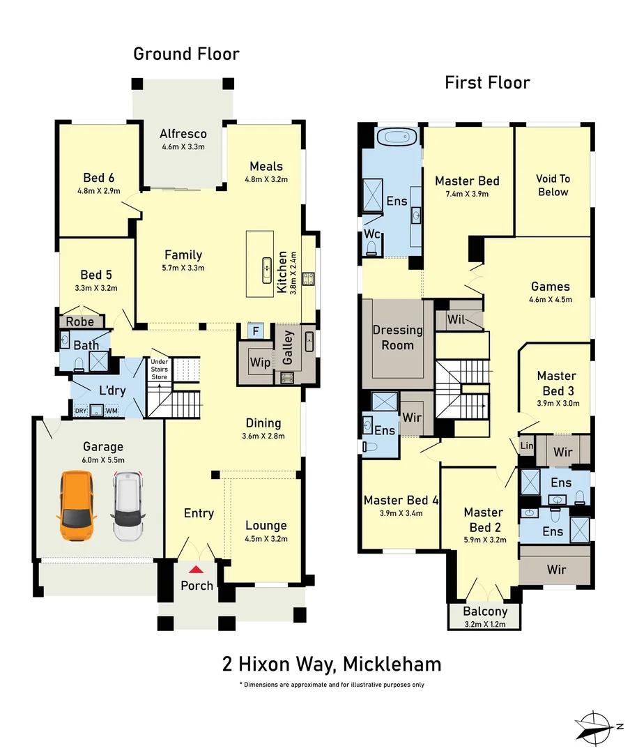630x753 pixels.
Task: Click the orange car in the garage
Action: [x=77, y=506]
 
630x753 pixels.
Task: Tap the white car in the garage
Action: [x=128, y=506]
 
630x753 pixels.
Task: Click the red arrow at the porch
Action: [x=195, y=570]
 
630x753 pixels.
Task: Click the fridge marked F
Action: [x=256, y=330]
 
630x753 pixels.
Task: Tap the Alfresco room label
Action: [x=183, y=133]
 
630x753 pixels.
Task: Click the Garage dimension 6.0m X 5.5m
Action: [x=102, y=459]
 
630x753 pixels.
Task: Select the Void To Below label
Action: [x=553, y=185]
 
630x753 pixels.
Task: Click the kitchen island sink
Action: [x=266, y=270]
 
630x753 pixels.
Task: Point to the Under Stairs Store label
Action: [x=160, y=370]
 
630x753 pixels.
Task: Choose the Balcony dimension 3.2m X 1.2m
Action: [x=485, y=624]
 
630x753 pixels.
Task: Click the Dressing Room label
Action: [x=397, y=337]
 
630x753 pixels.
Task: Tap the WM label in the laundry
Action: [x=112, y=411]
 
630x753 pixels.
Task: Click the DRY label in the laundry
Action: [x=81, y=411]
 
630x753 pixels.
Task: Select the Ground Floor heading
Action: [x=186, y=54]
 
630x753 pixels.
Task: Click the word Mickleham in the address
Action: [x=392, y=664]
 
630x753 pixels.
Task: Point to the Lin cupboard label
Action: [x=527, y=445]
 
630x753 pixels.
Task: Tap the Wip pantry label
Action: [x=260, y=363]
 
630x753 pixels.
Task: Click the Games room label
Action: [x=551, y=287]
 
